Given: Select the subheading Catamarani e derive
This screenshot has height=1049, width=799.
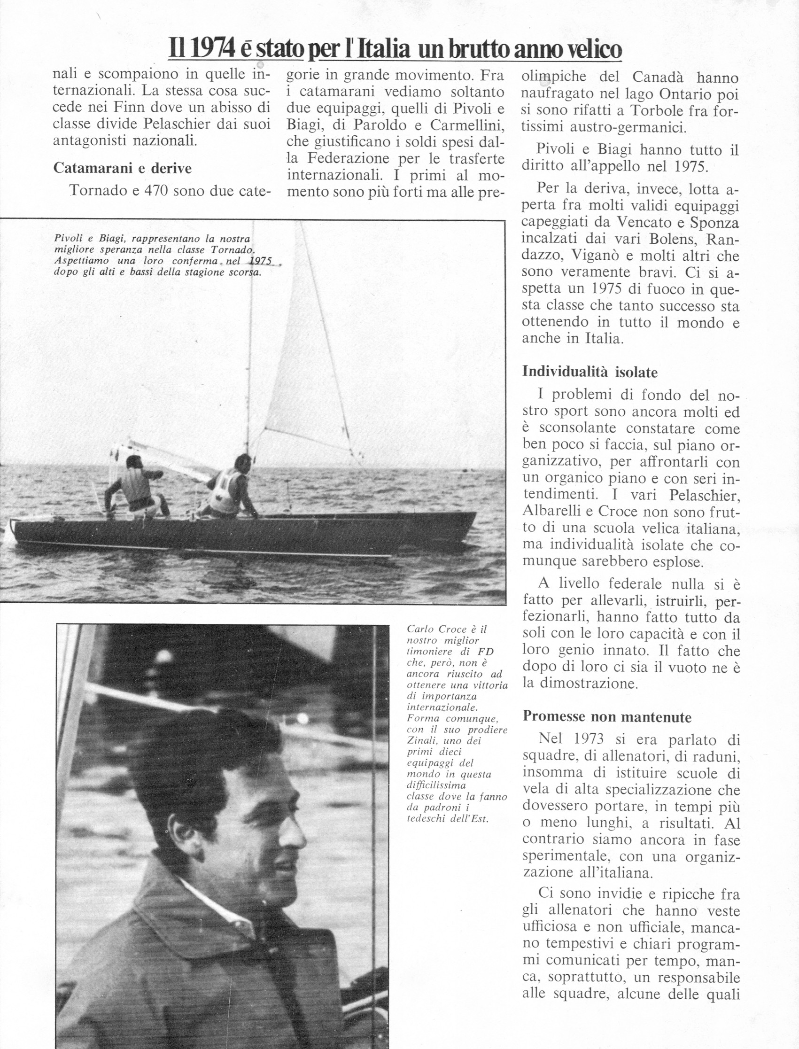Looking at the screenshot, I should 123,168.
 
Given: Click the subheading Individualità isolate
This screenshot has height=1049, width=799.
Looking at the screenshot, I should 590,372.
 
